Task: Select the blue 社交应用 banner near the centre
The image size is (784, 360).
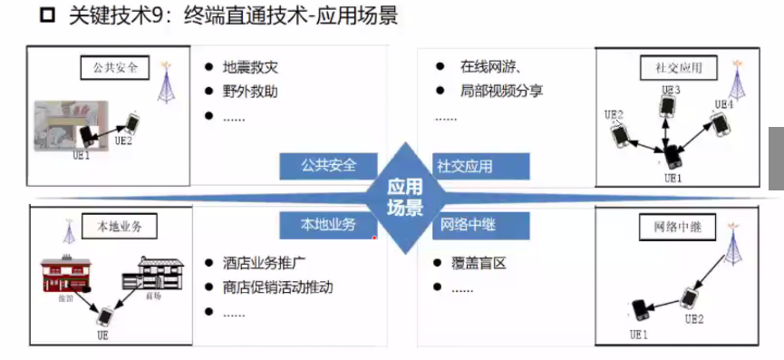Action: pyautogui.click(x=470, y=166)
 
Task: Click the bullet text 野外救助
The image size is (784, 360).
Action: pyautogui.click(x=250, y=92)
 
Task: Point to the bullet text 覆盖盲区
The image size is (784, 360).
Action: pyautogui.click(x=478, y=264)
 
